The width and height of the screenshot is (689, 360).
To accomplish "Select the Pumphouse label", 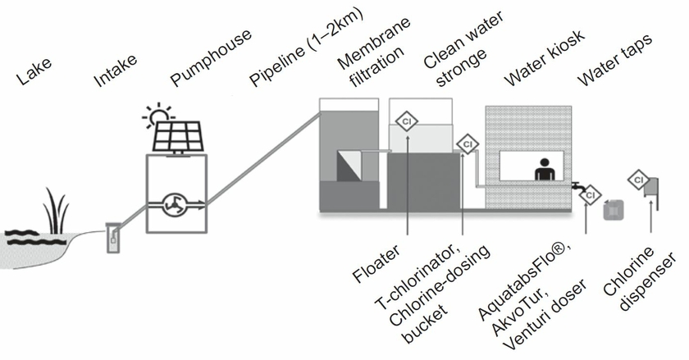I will pyautogui.click(x=210, y=57).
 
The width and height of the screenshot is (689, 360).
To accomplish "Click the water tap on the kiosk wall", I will pyautogui.click(x=583, y=189).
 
